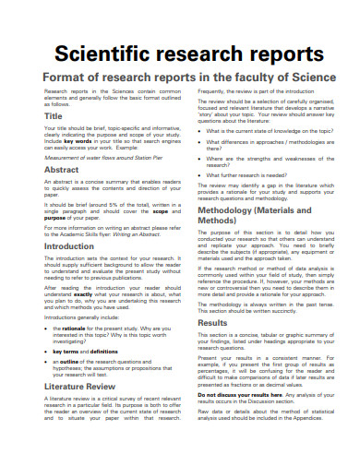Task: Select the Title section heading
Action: [x=54, y=117]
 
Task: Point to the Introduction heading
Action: [x=69, y=246]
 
